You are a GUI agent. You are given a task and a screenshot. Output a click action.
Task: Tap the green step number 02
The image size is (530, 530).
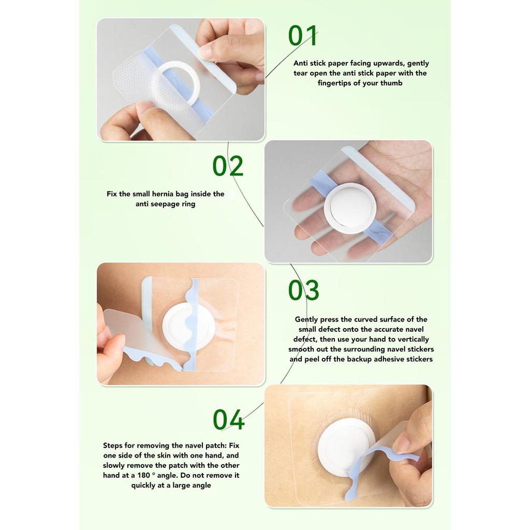(x=228, y=166)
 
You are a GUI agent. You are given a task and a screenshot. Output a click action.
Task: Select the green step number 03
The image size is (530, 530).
(x=303, y=290)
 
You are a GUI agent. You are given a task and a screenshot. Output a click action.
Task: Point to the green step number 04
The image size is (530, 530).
(x=228, y=420)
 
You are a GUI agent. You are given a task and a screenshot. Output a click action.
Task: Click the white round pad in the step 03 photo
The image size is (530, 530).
(x=188, y=327)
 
